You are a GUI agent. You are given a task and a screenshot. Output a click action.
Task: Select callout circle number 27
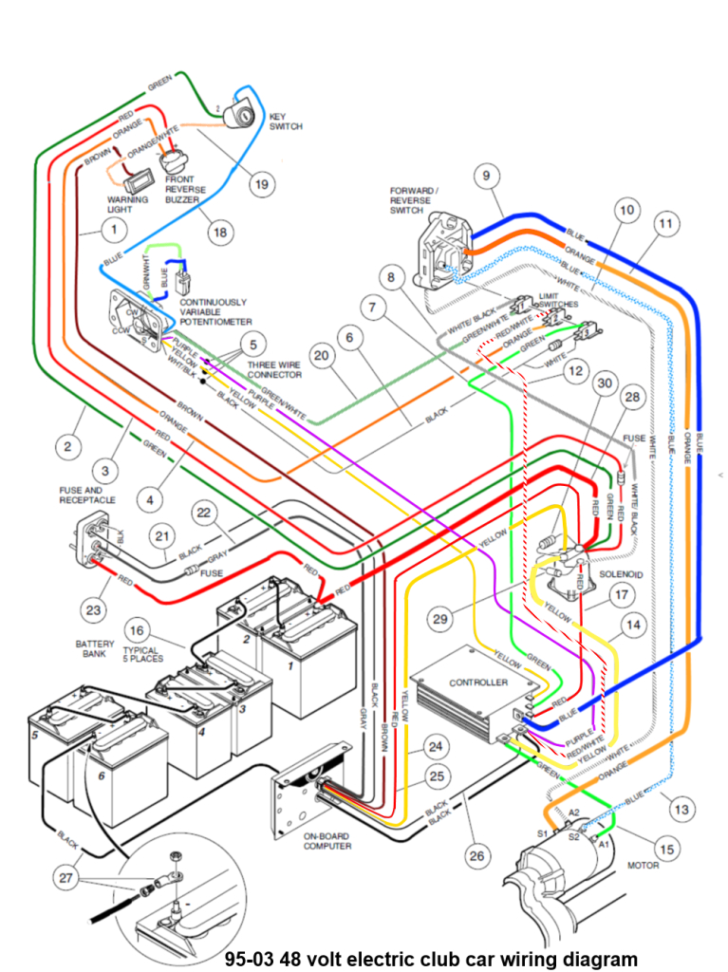tap(65, 878)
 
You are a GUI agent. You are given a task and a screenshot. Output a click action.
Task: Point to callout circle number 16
tap(138, 630)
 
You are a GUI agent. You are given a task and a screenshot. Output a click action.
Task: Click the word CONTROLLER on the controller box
tap(478, 682)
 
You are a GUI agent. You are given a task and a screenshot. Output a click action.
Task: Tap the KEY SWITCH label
tap(287, 121)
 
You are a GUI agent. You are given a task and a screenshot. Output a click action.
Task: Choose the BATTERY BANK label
tap(95, 650)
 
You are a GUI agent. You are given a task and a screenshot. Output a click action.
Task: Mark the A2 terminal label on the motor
tap(573, 813)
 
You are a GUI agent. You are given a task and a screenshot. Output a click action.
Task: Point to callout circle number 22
tap(203, 513)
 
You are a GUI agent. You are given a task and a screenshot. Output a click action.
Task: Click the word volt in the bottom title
tap(344, 958)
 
